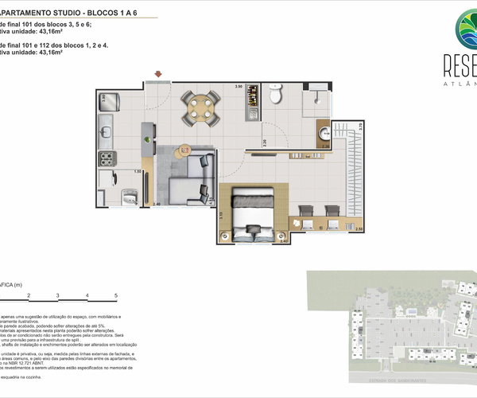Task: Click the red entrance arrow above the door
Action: click(x=159, y=75)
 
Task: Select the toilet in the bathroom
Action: click(x=276, y=96)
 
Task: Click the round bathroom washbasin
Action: click(x=324, y=133)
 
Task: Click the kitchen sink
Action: click(x=107, y=127)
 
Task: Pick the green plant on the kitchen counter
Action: click(x=146, y=141)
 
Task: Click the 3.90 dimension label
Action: click(x=238, y=86)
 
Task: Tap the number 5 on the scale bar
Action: click(x=116, y=295)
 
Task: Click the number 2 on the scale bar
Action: click(x=29, y=295)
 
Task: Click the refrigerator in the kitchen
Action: click(x=109, y=102)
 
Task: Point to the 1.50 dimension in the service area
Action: click(x=137, y=170)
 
